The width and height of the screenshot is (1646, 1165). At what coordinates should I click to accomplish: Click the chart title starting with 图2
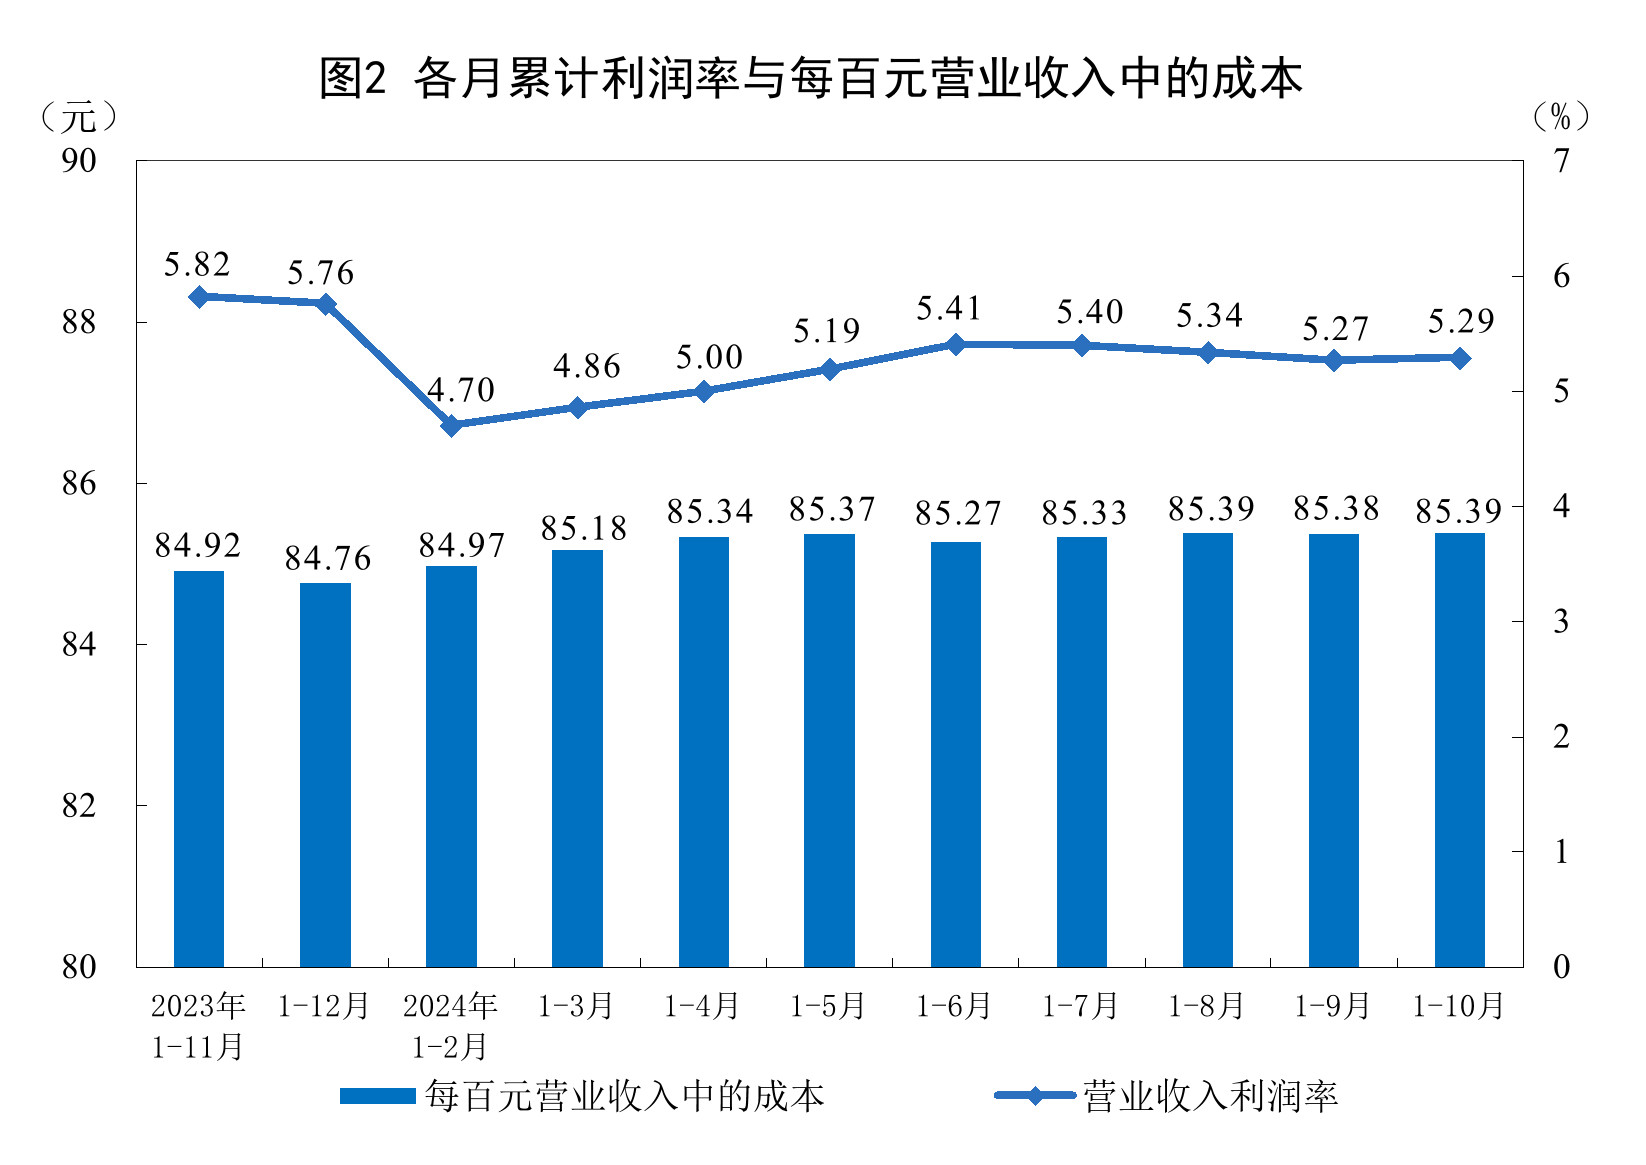click(810, 78)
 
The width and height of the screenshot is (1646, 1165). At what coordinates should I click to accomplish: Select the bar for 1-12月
click(326, 775)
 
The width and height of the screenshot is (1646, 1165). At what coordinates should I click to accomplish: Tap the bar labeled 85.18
click(578, 758)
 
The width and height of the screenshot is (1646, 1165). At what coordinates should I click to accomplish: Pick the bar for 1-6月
click(956, 754)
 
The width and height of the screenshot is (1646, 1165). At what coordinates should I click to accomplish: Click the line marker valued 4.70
click(452, 425)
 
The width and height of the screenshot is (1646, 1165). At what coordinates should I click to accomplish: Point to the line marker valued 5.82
click(199, 296)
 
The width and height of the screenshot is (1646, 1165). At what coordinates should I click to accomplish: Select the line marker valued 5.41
click(956, 344)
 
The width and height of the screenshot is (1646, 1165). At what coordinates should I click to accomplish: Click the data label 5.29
click(1460, 322)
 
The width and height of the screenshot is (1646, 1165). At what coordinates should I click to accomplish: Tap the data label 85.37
click(831, 510)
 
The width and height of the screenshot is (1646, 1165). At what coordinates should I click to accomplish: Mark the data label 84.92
click(198, 545)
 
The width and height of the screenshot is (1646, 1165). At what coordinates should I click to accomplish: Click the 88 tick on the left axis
click(79, 322)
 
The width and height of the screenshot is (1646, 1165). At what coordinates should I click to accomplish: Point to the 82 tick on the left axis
click(79, 806)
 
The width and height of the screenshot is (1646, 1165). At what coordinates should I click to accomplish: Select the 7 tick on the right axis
click(1561, 160)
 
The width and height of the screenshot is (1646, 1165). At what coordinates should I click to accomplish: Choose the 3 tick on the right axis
click(1561, 621)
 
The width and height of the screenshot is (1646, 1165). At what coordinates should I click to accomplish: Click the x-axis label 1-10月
click(1459, 1006)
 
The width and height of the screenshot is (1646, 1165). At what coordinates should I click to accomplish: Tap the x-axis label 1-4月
click(703, 1006)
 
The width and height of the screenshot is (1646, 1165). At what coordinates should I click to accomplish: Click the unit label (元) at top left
click(78, 118)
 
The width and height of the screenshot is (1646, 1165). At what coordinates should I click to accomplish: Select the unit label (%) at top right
click(1560, 117)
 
